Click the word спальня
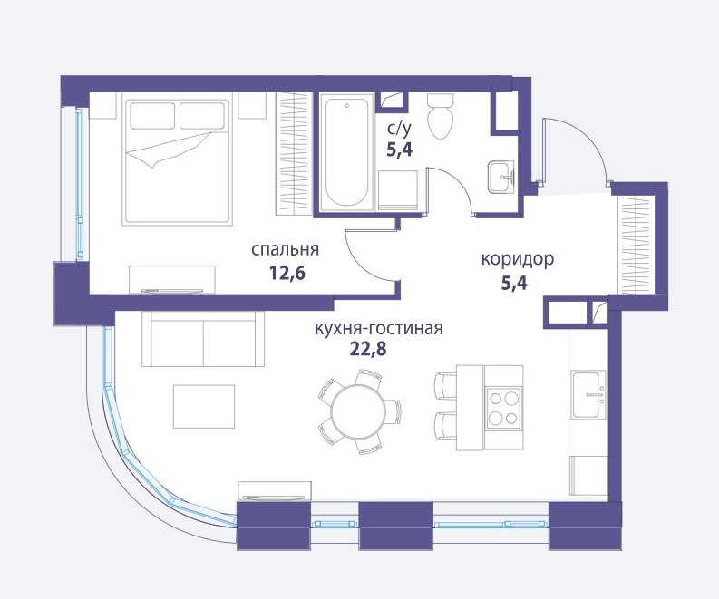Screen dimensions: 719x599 pyautogui.click(x=285, y=250)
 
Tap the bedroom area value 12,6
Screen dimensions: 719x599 pyautogui.click(x=287, y=274)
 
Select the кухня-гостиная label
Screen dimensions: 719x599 pyautogui.click(x=379, y=329)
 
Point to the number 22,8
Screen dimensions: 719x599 pyautogui.click(x=368, y=349)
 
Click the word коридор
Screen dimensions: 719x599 pyautogui.click(x=517, y=259)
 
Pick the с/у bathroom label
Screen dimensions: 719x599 pyautogui.click(x=399, y=129)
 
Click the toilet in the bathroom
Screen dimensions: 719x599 pyautogui.click(x=441, y=116)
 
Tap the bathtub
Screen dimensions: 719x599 pyautogui.click(x=346, y=152)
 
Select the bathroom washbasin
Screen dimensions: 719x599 pyautogui.click(x=501, y=177)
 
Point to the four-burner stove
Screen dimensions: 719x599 pyautogui.click(x=504, y=407)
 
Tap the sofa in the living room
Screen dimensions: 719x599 pyautogui.click(x=203, y=339)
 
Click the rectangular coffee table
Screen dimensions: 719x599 pyautogui.click(x=204, y=407)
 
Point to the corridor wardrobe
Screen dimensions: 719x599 pyautogui.click(x=636, y=245)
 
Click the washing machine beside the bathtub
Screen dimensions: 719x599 pyautogui.click(x=398, y=190)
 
